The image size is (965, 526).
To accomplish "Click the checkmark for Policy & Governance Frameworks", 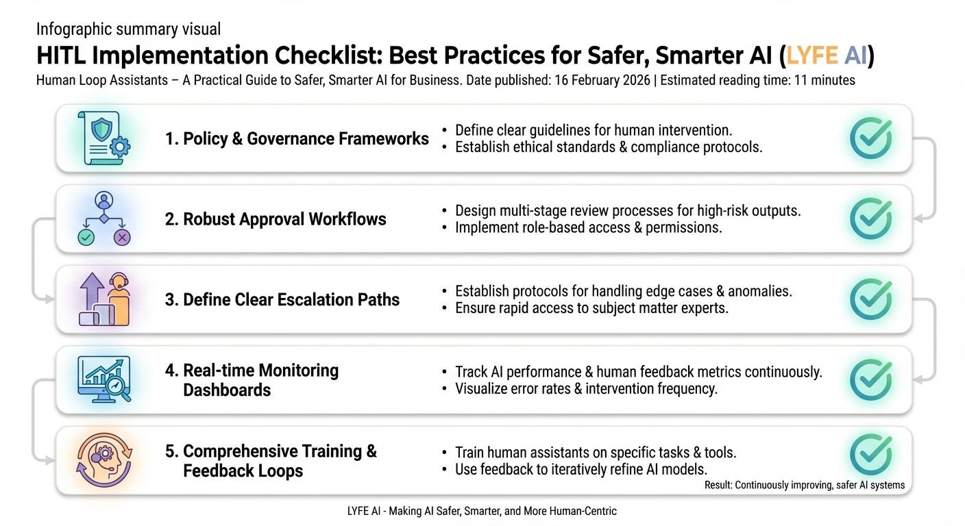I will (x=870, y=138).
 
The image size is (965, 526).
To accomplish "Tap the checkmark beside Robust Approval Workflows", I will (x=870, y=218).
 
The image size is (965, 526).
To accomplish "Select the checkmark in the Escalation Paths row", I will (x=870, y=299).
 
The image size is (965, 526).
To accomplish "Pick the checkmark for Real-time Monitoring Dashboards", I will (x=870, y=379).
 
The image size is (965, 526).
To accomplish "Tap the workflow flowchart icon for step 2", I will (x=105, y=218).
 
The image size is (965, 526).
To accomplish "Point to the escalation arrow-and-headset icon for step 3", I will (x=105, y=299).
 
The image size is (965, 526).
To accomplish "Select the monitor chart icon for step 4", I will (x=105, y=379).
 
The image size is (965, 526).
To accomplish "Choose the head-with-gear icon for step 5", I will (x=105, y=460).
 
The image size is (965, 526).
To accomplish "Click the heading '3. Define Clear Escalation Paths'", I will (x=282, y=299).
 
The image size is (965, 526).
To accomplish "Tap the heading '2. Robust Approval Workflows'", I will (x=276, y=219).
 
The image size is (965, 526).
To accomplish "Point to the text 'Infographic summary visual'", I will (x=128, y=29).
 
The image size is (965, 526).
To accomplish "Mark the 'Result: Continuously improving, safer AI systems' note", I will (x=804, y=485).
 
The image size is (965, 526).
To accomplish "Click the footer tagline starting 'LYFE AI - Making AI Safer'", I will (x=483, y=511).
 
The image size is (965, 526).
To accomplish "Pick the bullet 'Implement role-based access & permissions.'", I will (x=588, y=227).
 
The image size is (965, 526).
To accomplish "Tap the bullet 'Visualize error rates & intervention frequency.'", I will (x=586, y=389).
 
